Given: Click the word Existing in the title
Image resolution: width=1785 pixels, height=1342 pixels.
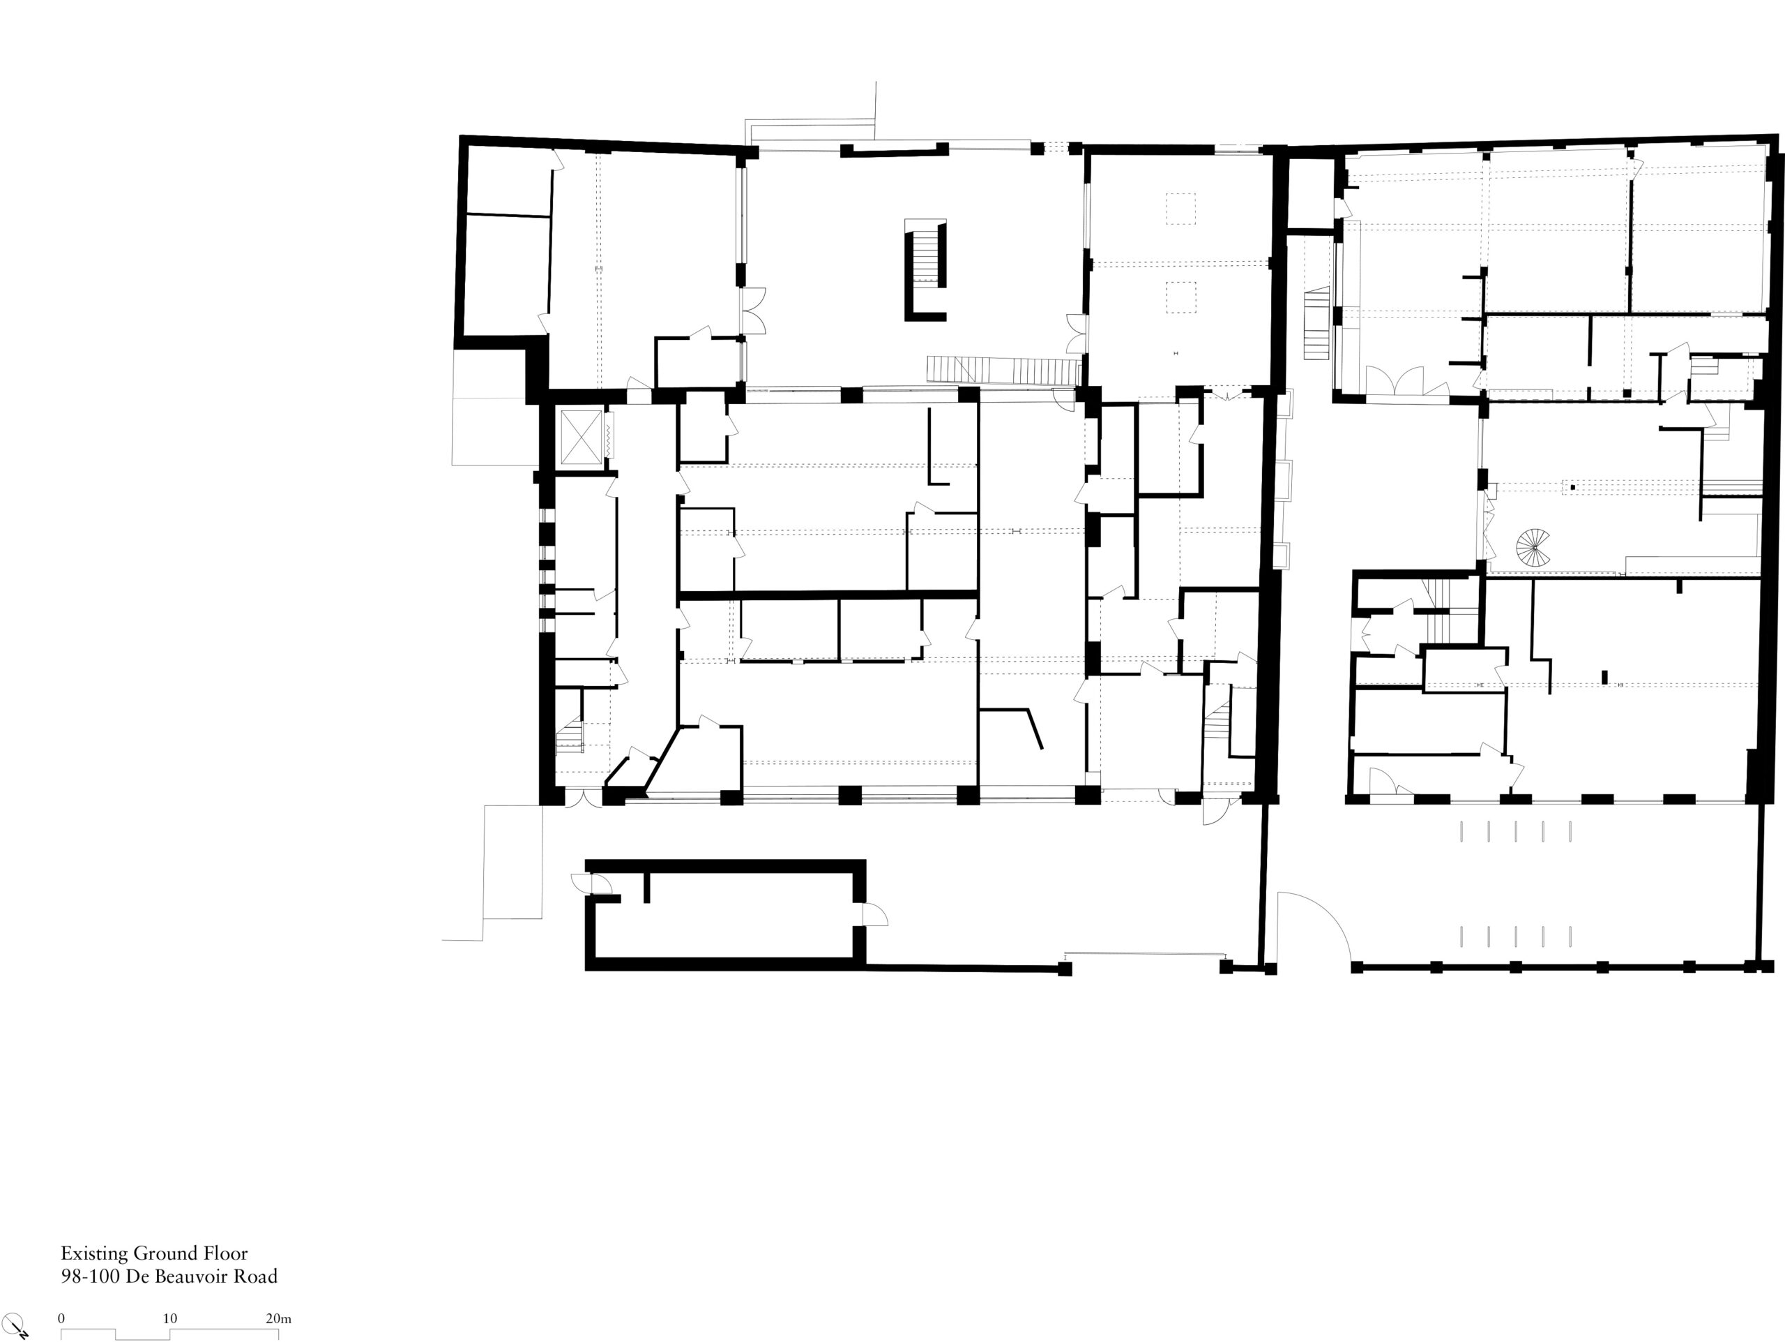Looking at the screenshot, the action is click(94, 1254).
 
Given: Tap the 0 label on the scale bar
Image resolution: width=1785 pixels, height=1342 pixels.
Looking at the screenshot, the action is click(61, 1318).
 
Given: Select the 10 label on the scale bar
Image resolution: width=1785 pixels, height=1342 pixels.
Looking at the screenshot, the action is click(169, 1318).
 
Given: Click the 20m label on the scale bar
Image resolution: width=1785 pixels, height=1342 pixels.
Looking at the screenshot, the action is click(278, 1318).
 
